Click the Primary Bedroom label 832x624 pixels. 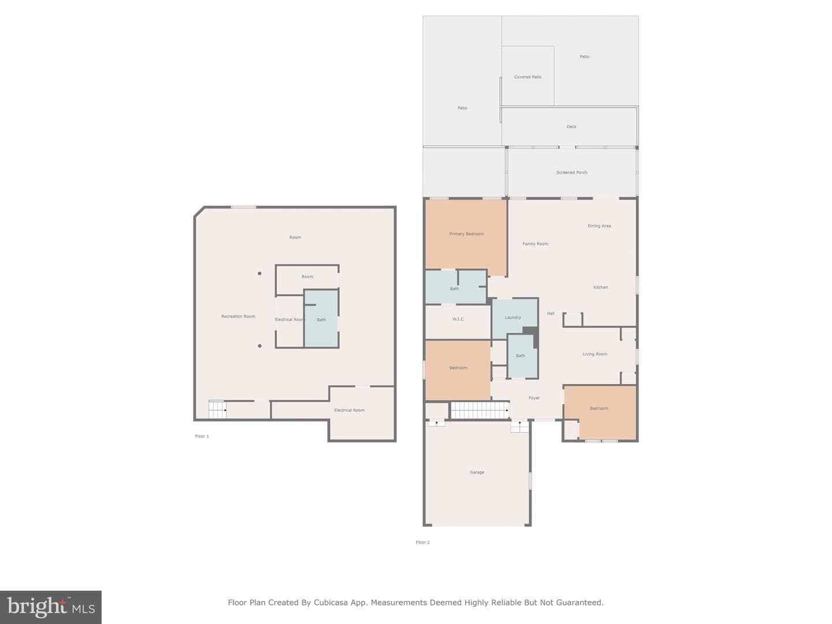466,234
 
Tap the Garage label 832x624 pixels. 477,472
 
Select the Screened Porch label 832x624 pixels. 571,172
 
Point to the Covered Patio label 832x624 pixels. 528,77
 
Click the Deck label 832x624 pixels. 571,127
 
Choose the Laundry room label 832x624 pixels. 513,318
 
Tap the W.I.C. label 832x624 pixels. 458,319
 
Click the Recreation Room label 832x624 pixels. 238,317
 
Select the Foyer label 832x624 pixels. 534,398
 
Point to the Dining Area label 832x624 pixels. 599,226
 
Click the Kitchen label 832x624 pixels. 600,287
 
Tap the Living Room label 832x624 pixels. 595,354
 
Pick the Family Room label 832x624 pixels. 535,244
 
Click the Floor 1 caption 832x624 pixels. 202,436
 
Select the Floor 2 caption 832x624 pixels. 422,542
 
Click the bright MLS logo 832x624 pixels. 51,607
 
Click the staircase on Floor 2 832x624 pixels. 480,410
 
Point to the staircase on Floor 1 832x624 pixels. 218,410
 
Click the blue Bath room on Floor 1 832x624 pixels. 321,318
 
